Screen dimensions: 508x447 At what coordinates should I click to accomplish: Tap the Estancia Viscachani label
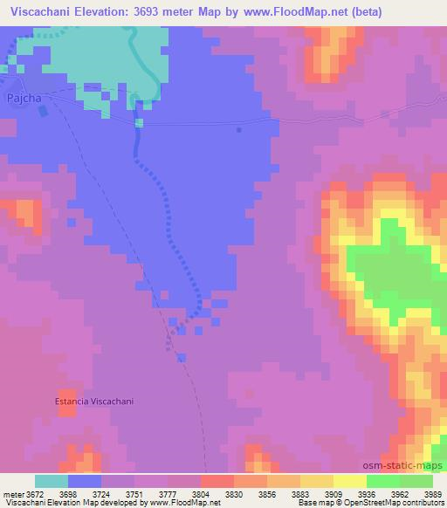point(96,402)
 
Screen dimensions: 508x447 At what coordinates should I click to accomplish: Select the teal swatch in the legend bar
point(52,481)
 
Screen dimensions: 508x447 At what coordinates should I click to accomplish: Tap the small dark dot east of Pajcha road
point(238,130)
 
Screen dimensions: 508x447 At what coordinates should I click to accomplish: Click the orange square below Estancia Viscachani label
point(66,410)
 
